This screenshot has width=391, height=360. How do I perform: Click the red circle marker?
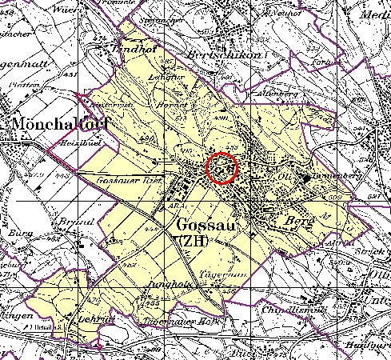222,168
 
